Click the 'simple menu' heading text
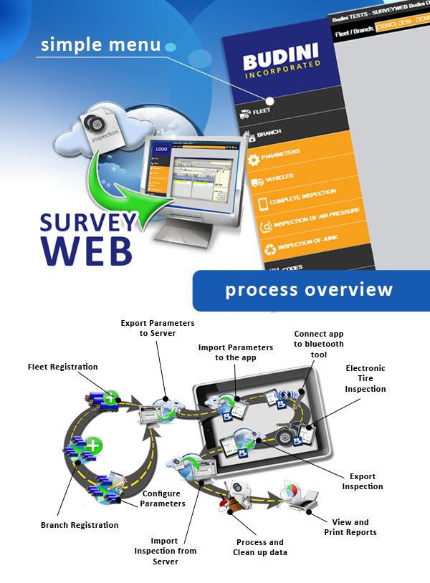pos(100,44)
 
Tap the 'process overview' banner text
pos(309,290)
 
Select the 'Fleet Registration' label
pos(62,367)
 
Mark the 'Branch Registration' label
pos(79,525)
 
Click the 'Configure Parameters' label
pos(163,498)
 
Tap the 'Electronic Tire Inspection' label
pos(365,378)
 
